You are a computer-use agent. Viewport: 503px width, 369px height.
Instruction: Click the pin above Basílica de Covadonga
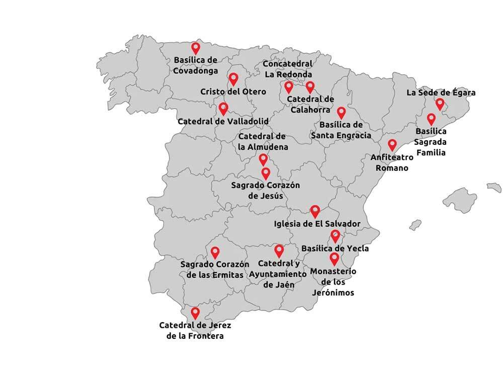(x=196, y=48)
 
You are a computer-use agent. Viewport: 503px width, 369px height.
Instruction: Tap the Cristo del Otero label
(x=226, y=92)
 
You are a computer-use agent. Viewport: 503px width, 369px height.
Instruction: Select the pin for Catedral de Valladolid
(x=223, y=108)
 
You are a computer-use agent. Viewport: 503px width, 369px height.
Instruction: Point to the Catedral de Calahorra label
(x=310, y=104)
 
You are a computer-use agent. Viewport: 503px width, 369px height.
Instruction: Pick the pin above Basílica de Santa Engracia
(x=342, y=112)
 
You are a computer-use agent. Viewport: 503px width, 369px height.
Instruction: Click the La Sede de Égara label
(x=441, y=93)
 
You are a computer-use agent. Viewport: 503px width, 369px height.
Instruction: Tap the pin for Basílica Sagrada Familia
(x=431, y=119)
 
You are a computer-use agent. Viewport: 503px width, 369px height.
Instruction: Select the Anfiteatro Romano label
(x=392, y=162)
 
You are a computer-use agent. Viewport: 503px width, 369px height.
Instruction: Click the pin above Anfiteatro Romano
(x=392, y=144)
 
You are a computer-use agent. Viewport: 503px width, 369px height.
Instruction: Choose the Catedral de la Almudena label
(x=263, y=142)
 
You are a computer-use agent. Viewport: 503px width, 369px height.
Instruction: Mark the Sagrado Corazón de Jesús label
(x=265, y=190)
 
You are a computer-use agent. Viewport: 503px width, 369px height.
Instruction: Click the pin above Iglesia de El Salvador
(x=315, y=210)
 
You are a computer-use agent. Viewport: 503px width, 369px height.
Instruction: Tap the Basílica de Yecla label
(x=335, y=248)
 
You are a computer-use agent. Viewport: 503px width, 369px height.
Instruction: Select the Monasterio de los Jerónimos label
(x=333, y=282)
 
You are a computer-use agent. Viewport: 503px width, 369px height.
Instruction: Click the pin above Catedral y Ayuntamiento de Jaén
(x=279, y=250)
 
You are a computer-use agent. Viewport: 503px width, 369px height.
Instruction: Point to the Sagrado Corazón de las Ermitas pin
(x=215, y=252)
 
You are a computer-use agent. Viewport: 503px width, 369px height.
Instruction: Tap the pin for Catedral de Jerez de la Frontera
(x=195, y=313)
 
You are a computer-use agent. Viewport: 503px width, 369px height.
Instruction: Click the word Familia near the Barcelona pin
(x=431, y=151)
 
